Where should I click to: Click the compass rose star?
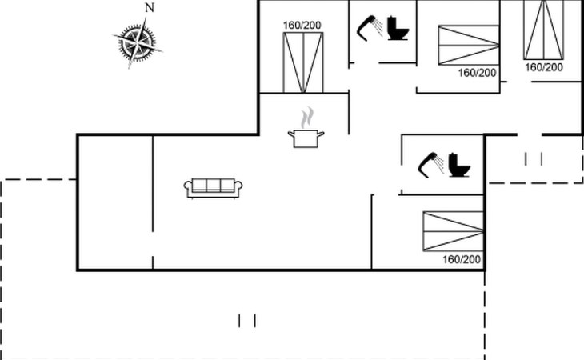click(137, 42)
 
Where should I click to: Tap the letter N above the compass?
click(149, 7)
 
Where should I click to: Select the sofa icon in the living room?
click(214, 187)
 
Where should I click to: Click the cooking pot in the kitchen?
click(306, 138)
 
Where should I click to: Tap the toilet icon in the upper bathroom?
click(398, 29)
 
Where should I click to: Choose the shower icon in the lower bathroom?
click(432, 162)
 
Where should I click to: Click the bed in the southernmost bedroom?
click(453, 231)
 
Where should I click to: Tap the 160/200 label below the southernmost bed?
click(462, 259)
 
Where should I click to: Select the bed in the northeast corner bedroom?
click(544, 30)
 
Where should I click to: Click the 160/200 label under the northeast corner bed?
click(544, 67)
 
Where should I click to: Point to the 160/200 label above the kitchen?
click(302, 26)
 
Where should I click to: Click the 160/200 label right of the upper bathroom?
click(478, 73)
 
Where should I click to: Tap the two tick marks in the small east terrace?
click(534, 159)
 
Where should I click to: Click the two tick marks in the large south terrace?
click(247, 321)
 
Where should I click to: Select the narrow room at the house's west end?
click(114, 202)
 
